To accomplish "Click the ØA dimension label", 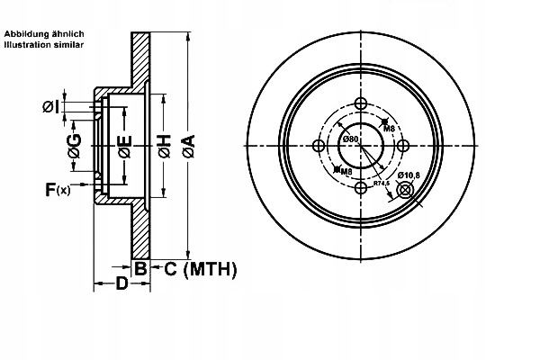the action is tap(187, 147).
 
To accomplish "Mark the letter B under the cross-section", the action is tap(140, 267).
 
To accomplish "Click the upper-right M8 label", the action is tap(390, 129).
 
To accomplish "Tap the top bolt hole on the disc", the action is tap(360, 103).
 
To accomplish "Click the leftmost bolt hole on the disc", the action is tap(319, 145).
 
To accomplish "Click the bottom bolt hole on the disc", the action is tap(360, 187).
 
